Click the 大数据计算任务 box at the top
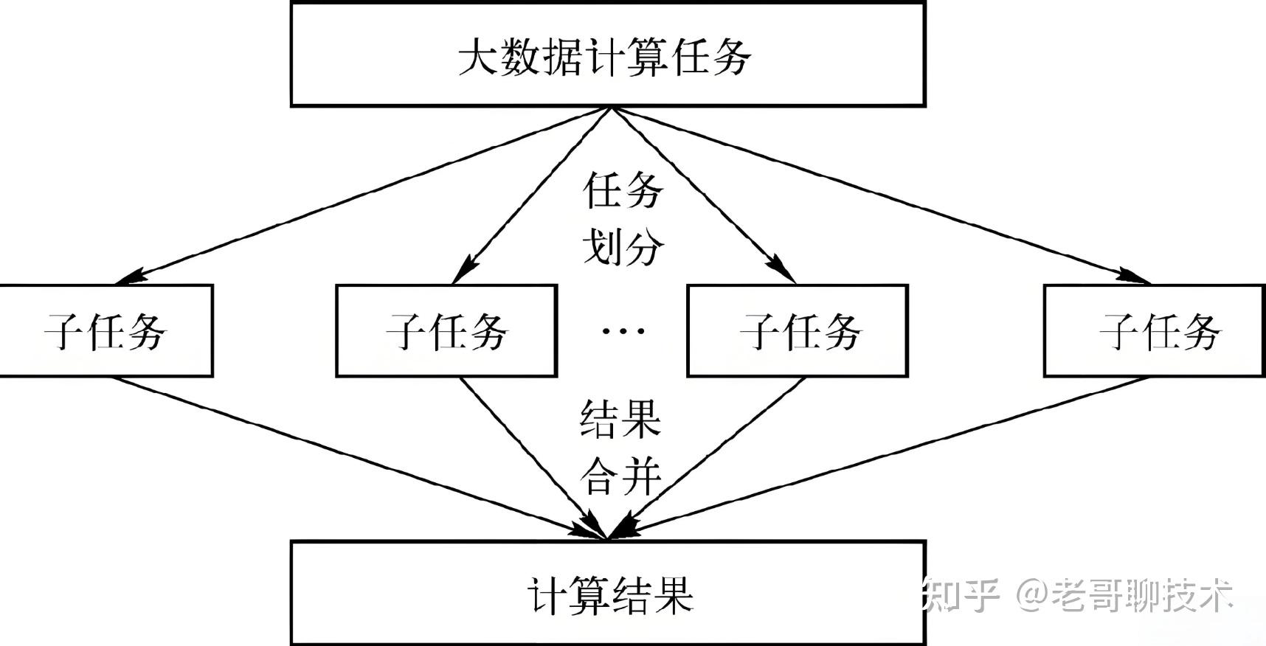608,55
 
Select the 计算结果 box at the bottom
608,593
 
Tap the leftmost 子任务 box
106,331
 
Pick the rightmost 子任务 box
1155,331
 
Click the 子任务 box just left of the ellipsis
446,331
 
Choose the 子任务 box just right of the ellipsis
798,331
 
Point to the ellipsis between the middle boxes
623,330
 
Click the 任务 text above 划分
623,190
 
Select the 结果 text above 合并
620,420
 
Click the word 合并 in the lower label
620,476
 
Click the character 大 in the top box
478,56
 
